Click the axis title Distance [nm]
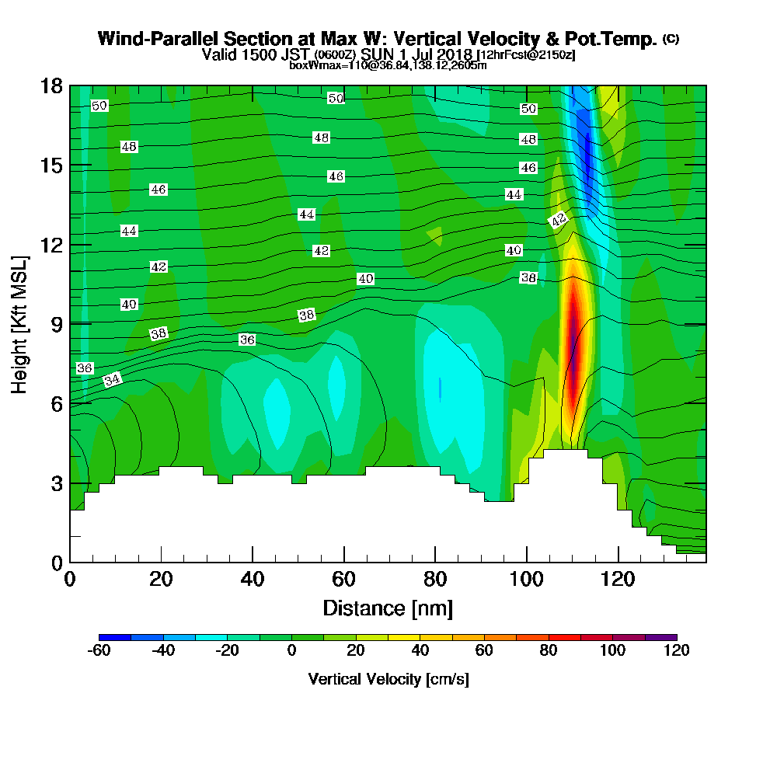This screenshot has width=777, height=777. coord(388,607)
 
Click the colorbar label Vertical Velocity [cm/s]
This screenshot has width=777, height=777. coord(388,679)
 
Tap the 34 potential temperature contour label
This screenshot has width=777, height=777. coord(113,380)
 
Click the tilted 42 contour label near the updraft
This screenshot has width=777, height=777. coord(559,220)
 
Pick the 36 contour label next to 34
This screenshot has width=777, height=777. coord(85,368)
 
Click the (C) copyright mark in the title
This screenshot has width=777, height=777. coord(671,39)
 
